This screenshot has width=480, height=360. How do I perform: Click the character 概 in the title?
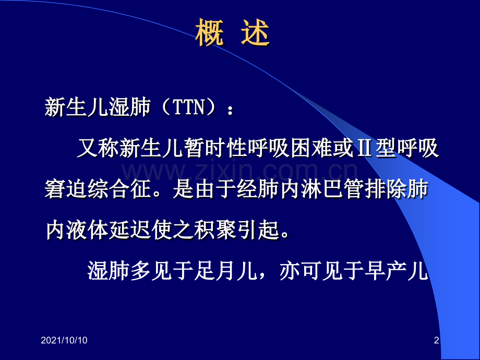210,34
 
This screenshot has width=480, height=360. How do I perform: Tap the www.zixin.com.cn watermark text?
240,170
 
